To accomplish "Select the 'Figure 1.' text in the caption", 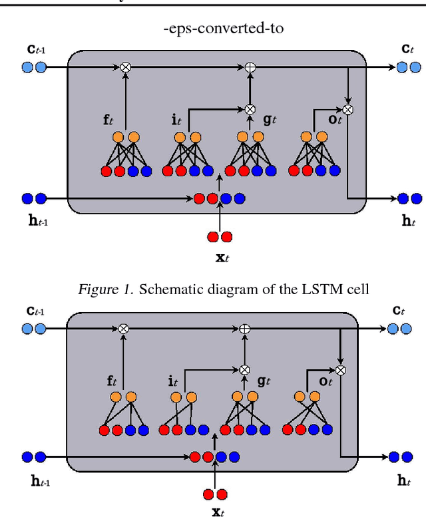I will [103, 289].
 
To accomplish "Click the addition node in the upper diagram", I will [250, 67].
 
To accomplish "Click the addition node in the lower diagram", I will [244, 328].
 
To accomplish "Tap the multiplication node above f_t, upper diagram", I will [124, 67].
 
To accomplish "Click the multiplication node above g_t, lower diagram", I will [244, 370].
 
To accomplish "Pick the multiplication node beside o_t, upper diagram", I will [347, 108].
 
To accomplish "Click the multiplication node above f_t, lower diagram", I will [123, 328].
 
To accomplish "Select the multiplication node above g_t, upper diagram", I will [250, 108].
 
